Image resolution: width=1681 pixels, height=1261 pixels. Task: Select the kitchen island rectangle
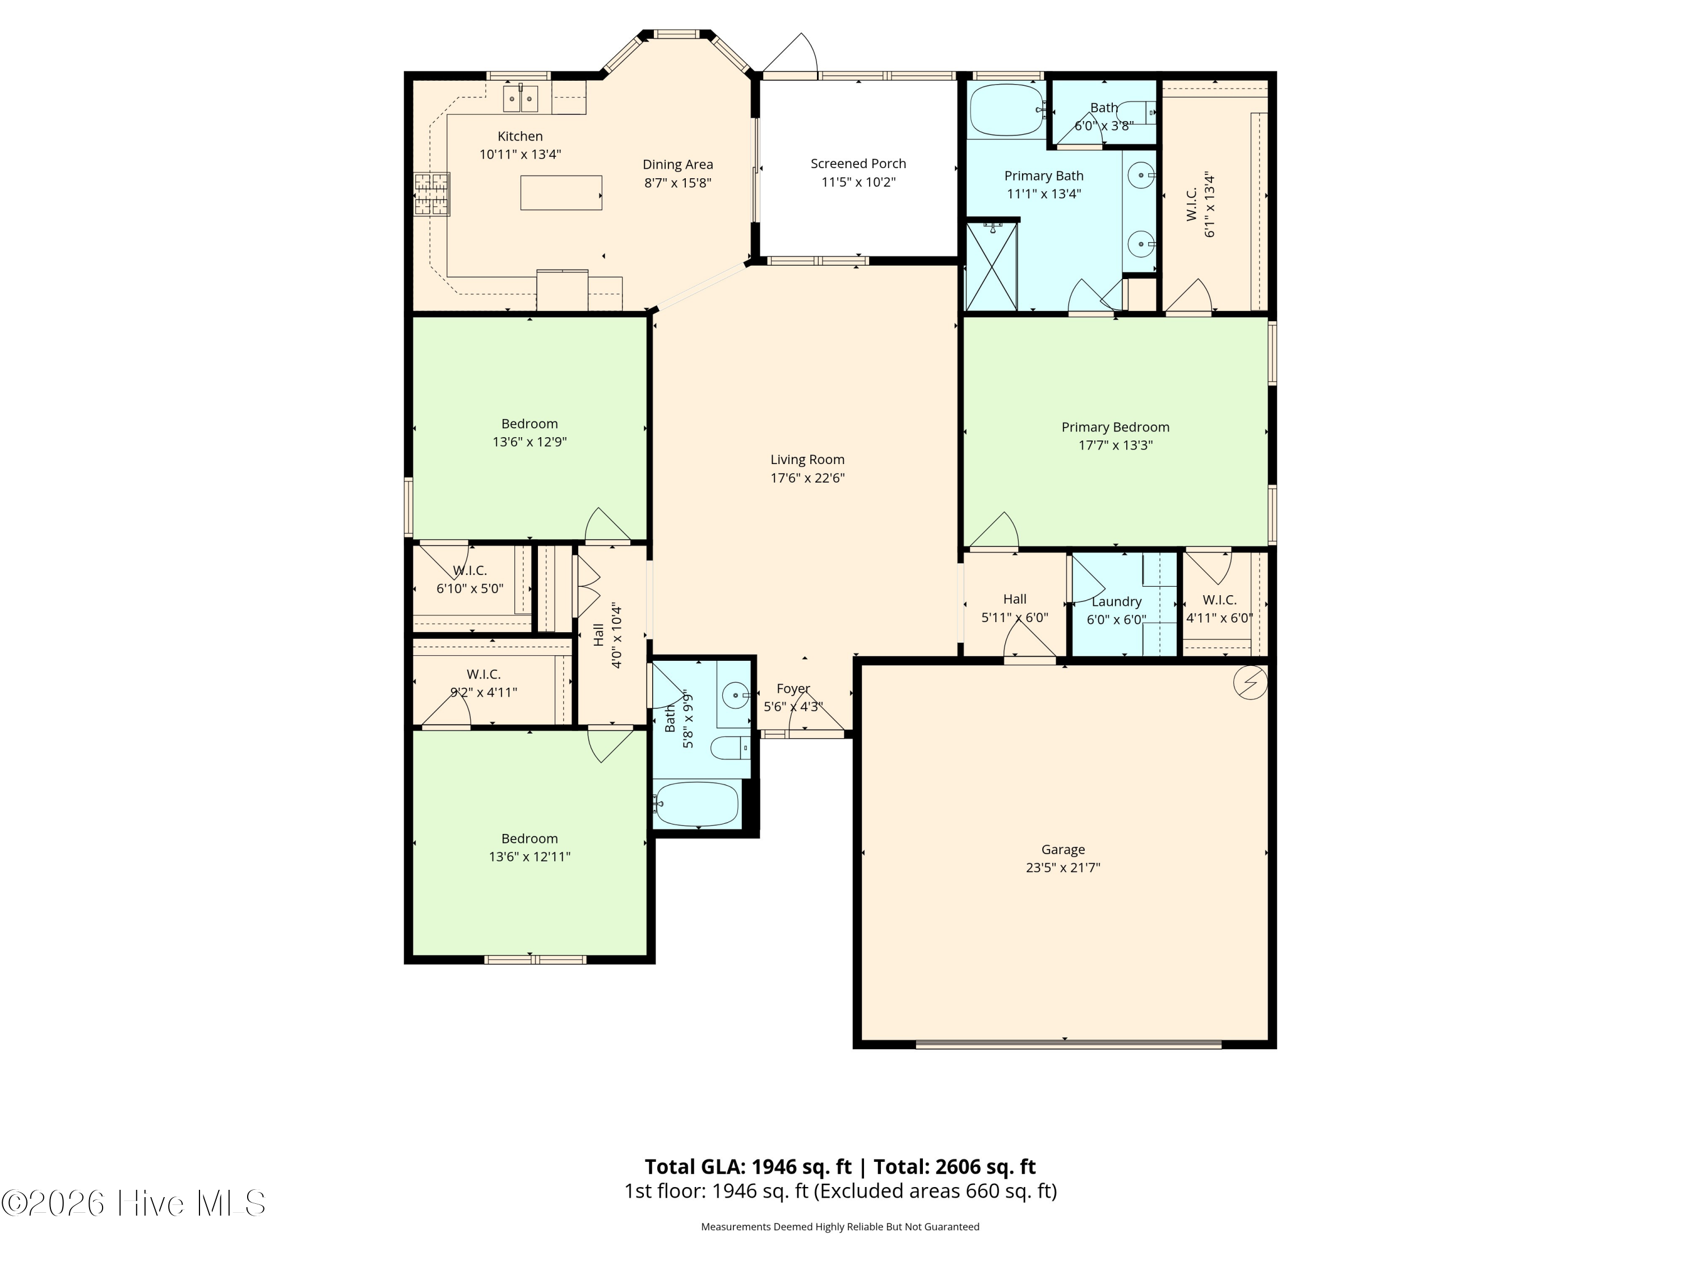pyautogui.click(x=561, y=193)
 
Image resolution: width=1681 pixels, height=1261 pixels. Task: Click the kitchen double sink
pyautogui.click(x=521, y=99)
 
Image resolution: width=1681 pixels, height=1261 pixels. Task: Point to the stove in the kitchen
pyautogui.click(x=431, y=194)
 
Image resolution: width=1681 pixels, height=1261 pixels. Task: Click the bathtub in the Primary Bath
pyautogui.click(x=1007, y=110)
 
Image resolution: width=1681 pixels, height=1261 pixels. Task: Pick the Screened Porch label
pyautogui.click(x=858, y=164)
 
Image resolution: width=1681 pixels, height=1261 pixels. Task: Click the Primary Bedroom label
pyautogui.click(x=1116, y=427)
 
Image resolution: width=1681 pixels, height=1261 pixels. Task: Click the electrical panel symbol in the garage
pyautogui.click(x=1250, y=683)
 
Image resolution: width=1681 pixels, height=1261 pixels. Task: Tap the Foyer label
pyautogui.click(x=793, y=689)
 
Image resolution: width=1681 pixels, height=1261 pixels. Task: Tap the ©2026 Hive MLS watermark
pyautogui.click(x=134, y=1203)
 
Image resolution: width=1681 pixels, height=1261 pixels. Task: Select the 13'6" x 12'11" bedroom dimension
pyautogui.click(x=530, y=856)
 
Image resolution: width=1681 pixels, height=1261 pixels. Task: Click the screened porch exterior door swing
pyautogui.click(x=790, y=54)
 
